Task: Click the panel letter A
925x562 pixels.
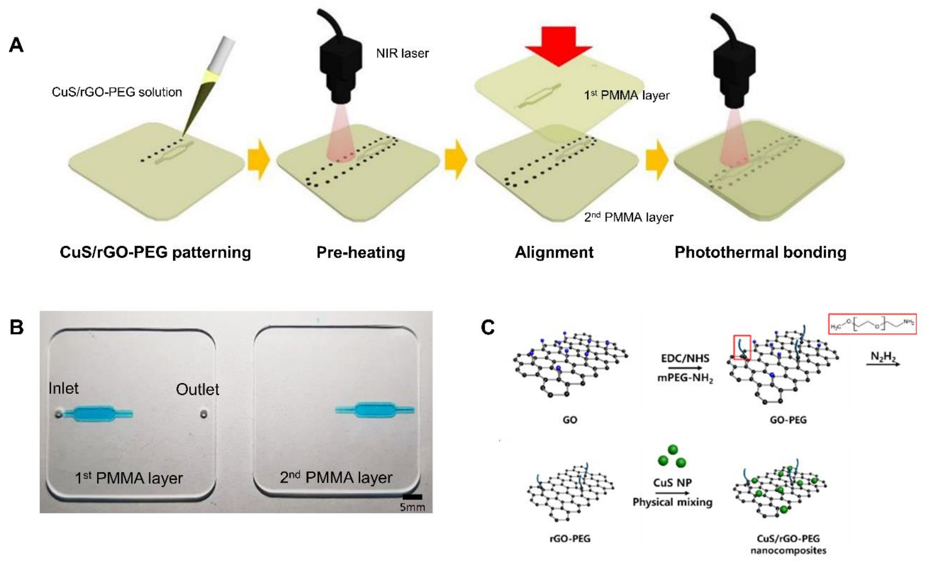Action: click(x=16, y=45)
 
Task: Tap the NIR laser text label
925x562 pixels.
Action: click(x=402, y=53)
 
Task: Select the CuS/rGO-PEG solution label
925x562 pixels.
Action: click(x=117, y=92)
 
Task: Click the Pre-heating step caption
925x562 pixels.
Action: click(x=361, y=252)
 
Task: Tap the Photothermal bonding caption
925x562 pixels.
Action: click(x=760, y=252)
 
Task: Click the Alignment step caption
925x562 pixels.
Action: click(x=554, y=252)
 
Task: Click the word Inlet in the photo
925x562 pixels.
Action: click(x=63, y=389)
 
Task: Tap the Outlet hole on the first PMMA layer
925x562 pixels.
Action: click(x=203, y=414)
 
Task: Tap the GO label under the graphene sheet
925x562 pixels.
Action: click(x=569, y=420)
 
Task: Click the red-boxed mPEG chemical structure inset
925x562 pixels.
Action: click(x=872, y=324)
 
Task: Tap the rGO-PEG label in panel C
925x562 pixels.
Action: click(x=569, y=539)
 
